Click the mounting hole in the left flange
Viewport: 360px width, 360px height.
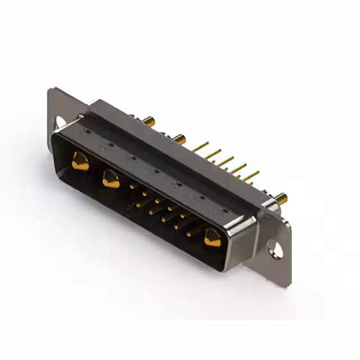point(60,121)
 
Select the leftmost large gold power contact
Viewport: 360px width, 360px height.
point(80,161)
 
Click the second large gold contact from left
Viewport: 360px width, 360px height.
point(110,179)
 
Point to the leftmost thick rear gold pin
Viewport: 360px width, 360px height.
point(148,120)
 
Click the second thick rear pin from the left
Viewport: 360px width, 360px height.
point(179,137)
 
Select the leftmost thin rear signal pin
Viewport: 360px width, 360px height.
point(200,147)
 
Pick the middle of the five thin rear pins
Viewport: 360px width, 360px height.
point(225,161)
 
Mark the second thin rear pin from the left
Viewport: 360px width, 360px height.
point(212,154)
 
